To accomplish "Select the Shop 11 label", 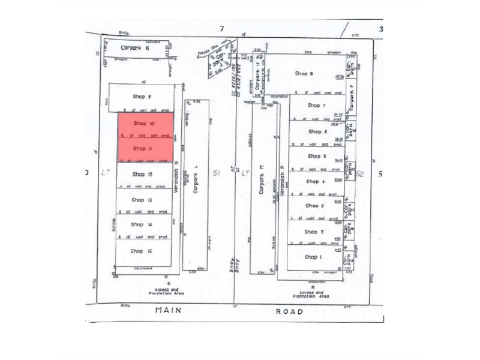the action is (x=142, y=148).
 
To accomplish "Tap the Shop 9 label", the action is (x=141, y=97).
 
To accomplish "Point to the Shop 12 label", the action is (x=142, y=175).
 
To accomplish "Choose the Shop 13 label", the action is (x=142, y=200).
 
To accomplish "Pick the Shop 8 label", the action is (x=304, y=73).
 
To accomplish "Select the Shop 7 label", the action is (x=316, y=105).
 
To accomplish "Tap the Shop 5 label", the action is (x=316, y=156).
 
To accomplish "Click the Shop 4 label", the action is (x=315, y=181).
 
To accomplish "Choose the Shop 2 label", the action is (x=314, y=232).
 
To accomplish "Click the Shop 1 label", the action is (x=313, y=257).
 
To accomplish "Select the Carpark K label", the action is (x=135, y=47).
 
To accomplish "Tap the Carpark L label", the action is (x=195, y=179).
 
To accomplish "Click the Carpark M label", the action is (x=261, y=179).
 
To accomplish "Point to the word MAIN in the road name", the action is (x=169, y=311).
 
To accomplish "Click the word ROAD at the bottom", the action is (x=290, y=311).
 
